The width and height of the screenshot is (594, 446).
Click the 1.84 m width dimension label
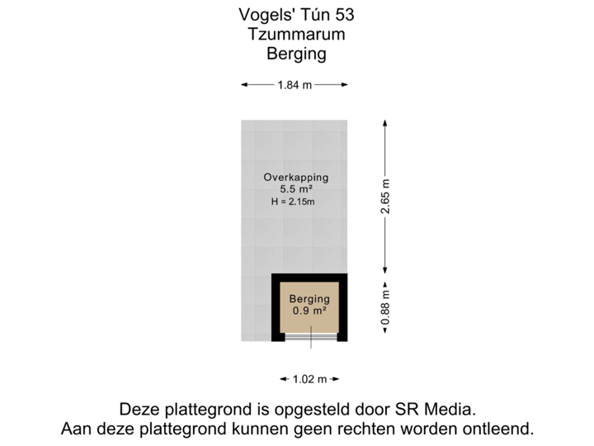click(x=295, y=84)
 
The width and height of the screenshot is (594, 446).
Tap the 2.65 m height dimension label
click(x=384, y=197)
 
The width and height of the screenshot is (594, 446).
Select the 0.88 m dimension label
click(x=384, y=304)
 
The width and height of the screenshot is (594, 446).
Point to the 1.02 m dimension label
click(x=310, y=379)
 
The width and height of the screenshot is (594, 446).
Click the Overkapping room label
click(x=295, y=177)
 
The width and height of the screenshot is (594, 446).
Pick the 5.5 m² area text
click(x=295, y=189)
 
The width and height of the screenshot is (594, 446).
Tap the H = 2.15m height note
click(x=293, y=202)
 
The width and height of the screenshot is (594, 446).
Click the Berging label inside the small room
click(x=309, y=299)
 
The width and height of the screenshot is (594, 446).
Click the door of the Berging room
click(x=310, y=336)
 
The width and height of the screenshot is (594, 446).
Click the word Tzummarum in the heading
click(x=296, y=35)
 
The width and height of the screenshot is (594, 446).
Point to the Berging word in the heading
click(x=296, y=55)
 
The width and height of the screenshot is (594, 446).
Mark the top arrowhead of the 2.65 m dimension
click(x=384, y=121)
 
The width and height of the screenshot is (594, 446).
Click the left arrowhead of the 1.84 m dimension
click(x=244, y=84)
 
